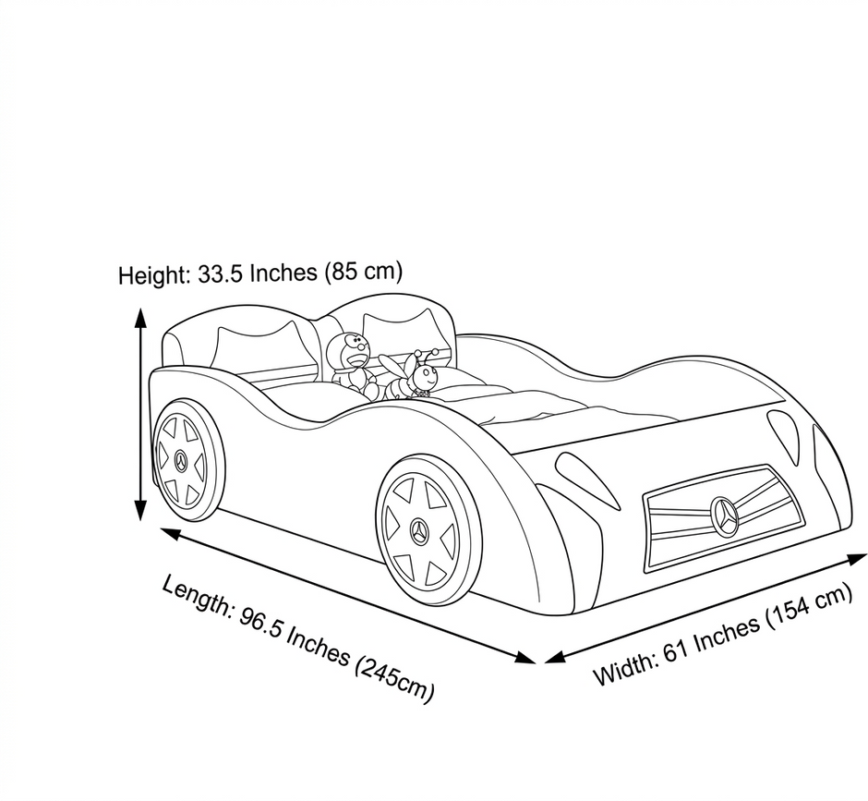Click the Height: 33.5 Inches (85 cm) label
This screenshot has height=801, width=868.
pyautogui.click(x=260, y=273)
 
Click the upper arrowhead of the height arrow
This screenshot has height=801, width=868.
pyautogui.click(x=141, y=319)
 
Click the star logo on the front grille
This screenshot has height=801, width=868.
pyautogui.click(x=724, y=516)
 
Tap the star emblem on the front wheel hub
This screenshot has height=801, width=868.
pyautogui.click(x=419, y=531)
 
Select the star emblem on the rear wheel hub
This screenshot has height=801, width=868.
pyautogui.click(x=182, y=460)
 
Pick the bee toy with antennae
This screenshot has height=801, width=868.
pyautogui.click(x=411, y=374)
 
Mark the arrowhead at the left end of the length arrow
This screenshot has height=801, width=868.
pyautogui.click(x=171, y=533)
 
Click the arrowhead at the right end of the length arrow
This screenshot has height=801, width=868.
pyautogui.click(x=525, y=658)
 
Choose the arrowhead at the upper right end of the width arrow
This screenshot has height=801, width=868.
pyautogui.click(x=856, y=558)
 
